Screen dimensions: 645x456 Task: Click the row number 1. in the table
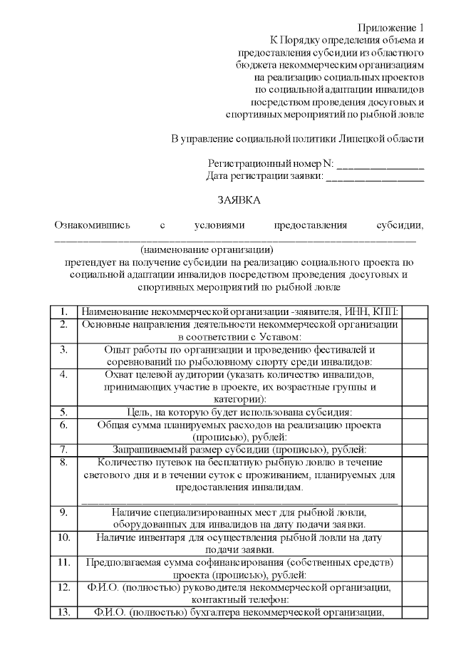(64, 311)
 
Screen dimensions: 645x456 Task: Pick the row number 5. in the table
(64, 411)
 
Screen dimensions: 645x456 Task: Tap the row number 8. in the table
(64, 461)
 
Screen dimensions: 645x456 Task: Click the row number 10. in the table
(64, 537)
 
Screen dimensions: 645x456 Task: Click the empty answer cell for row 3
(415, 355)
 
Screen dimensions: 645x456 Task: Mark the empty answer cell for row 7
(415, 449)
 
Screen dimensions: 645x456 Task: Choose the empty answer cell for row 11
(415, 568)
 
